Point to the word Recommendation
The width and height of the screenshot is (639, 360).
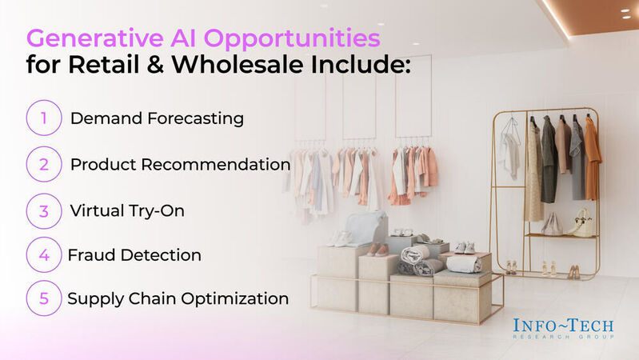[225, 164]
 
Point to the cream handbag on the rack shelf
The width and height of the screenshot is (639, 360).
[583, 223]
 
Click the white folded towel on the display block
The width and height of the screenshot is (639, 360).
[464, 263]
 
